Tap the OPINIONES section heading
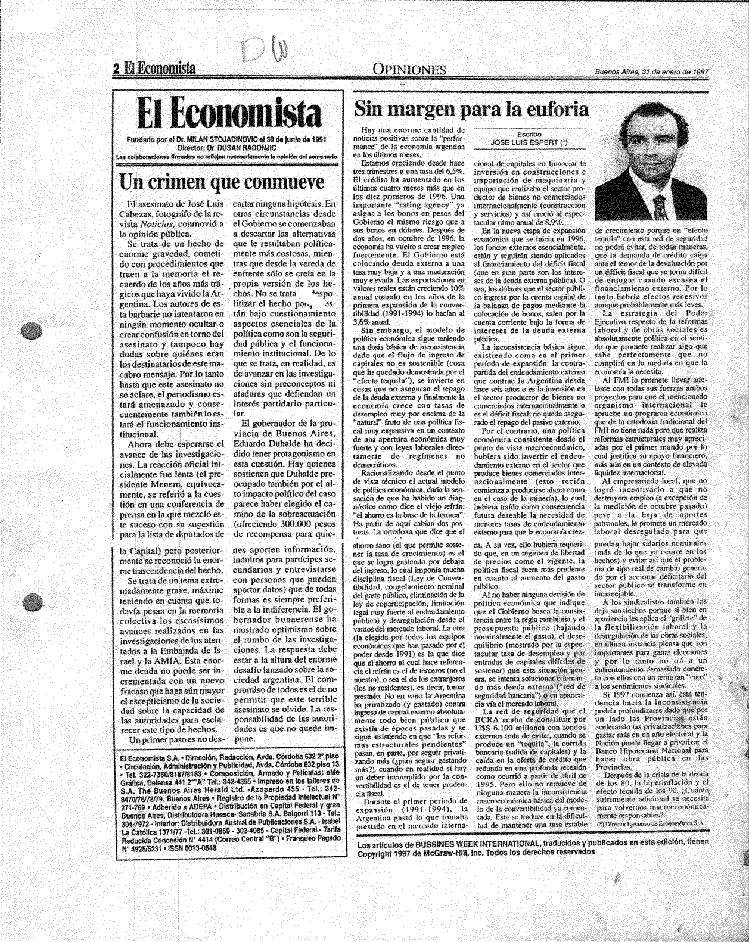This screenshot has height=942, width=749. [x=409, y=70]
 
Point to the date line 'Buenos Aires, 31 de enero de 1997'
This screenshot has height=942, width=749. [x=651, y=72]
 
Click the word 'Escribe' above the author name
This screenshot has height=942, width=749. [x=524, y=135]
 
